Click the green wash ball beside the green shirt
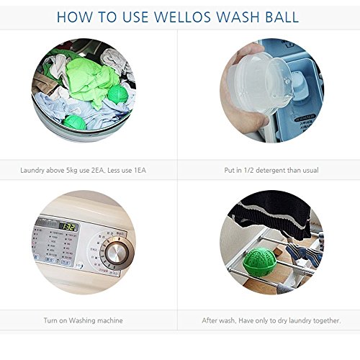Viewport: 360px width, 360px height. click(117, 94)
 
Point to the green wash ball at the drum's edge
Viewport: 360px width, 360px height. click(75, 122)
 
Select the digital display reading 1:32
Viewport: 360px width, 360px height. click(68, 226)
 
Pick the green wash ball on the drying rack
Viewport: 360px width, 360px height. click(258, 261)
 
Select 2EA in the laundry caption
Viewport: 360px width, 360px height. click(97, 171)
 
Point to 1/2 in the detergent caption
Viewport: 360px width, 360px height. click(248, 171)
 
